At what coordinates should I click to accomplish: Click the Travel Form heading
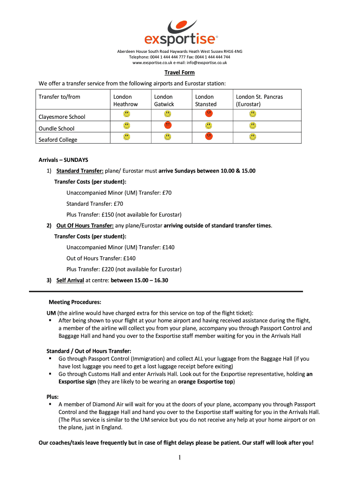pos(180,73)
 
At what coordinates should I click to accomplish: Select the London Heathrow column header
pos(126,100)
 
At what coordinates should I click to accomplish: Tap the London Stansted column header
pos(206,100)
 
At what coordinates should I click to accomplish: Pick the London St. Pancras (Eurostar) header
pos(259,100)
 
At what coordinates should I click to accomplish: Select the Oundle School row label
pos(56,128)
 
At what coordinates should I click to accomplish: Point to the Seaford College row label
pos(58,139)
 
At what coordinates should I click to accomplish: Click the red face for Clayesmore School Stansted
pos(209,113)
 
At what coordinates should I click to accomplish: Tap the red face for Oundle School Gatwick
pos(168,125)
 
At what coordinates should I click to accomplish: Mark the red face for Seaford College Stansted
pos(209,136)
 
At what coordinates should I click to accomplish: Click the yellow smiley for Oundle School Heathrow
pos(127,125)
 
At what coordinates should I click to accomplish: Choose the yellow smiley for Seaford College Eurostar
pos(253,136)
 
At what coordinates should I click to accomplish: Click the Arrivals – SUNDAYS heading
pos(63,160)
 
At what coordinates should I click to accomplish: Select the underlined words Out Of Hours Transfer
pos(85,225)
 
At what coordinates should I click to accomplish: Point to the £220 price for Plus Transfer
pos(108,269)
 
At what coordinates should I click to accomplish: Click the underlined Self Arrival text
pos(70,281)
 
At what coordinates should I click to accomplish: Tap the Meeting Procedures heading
pos(75,302)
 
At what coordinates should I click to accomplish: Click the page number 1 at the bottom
pos(180,457)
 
